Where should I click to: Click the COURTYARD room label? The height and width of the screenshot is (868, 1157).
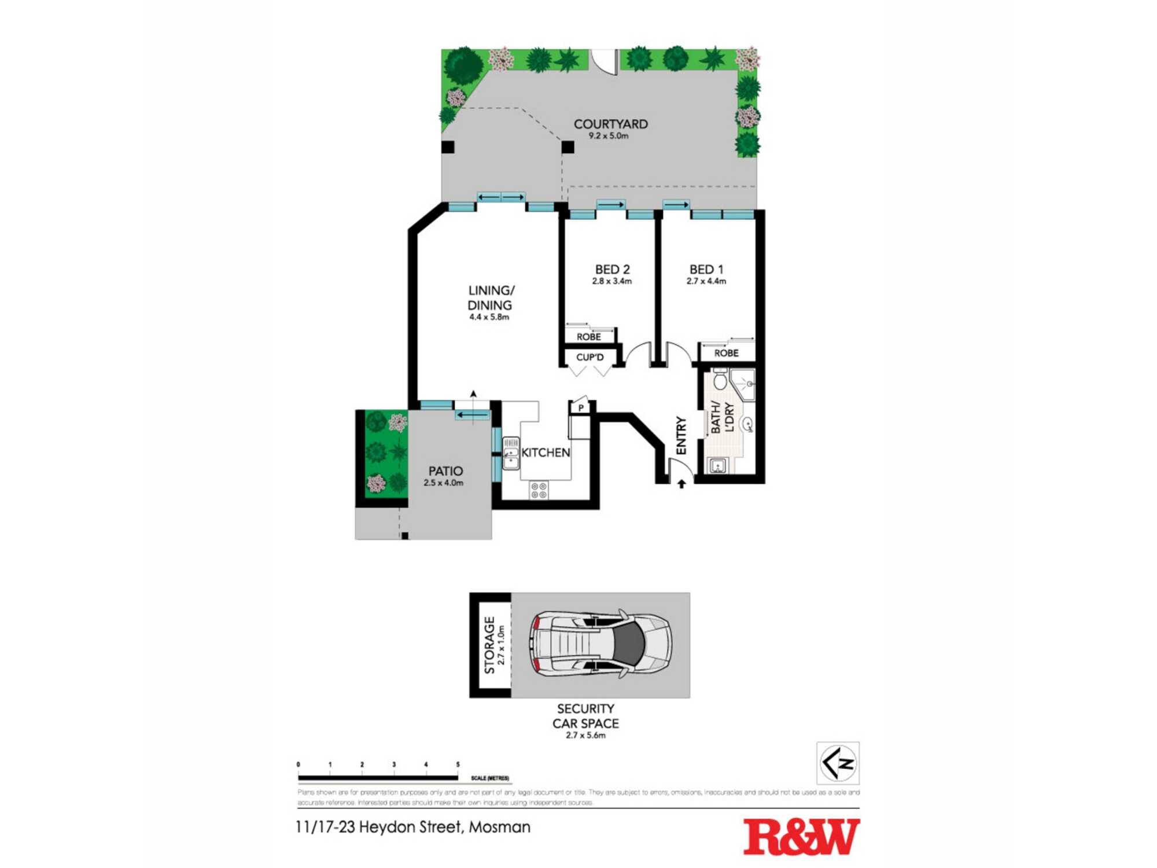point(610,124)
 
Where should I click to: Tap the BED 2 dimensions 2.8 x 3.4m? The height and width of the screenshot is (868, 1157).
point(611,282)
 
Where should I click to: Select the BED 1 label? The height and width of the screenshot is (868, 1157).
point(706,269)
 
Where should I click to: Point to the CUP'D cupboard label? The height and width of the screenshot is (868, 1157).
point(589,357)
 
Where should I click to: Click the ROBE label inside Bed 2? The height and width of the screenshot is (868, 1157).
point(588,337)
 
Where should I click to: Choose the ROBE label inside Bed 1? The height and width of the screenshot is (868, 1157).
point(726,353)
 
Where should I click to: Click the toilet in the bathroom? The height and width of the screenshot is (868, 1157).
point(720,380)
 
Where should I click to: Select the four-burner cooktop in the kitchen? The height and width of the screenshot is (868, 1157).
point(539,491)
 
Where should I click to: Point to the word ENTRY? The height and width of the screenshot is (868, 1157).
point(681,435)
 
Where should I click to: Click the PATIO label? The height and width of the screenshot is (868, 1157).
point(445,471)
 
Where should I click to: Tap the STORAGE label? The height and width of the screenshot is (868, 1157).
point(489,645)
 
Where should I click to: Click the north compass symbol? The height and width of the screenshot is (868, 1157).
point(838,763)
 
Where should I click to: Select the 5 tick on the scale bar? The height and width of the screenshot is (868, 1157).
point(458,765)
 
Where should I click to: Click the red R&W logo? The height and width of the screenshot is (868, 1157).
point(801,837)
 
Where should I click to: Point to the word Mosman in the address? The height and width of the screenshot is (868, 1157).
point(499,827)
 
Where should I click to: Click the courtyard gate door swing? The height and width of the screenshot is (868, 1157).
point(605,62)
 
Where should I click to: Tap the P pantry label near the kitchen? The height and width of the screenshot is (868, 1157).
point(580,408)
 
